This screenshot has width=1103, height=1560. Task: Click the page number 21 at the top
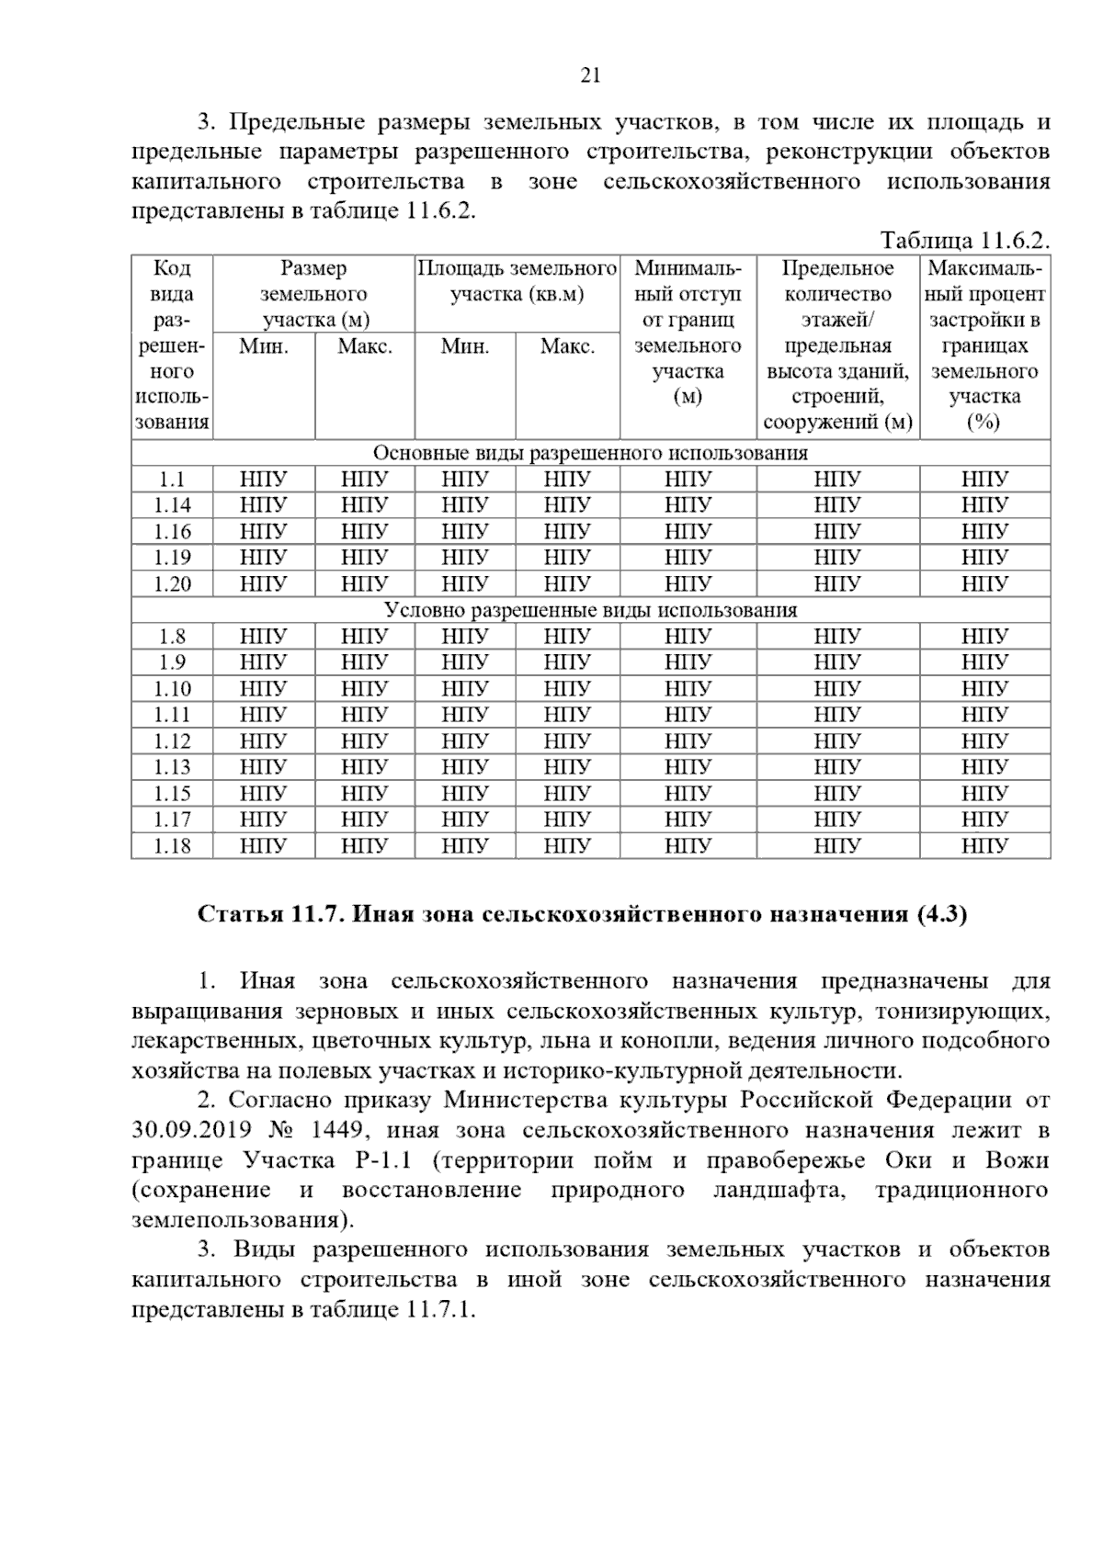[x=590, y=76]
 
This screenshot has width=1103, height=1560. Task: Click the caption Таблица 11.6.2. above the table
[x=964, y=242]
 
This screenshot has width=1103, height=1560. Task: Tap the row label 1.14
[x=172, y=505]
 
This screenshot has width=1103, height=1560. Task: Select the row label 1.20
[x=172, y=584]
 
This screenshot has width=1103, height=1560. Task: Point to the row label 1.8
[x=172, y=637]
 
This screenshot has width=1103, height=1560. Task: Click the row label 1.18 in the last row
[x=172, y=846]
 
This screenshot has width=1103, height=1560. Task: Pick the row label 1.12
[x=172, y=741]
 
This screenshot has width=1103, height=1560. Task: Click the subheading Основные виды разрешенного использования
[x=590, y=453]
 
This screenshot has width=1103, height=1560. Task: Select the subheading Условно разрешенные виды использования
[x=590, y=610]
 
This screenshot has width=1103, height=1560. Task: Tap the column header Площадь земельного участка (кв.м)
[x=517, y=281]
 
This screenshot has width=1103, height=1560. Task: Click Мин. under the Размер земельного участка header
[x=264, y=346]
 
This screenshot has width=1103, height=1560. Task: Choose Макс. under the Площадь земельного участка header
[x=567, y=346]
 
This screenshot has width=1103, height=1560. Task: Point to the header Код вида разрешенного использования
[x=172, y=345]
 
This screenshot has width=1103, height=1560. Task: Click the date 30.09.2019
[x=188, y=1131]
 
